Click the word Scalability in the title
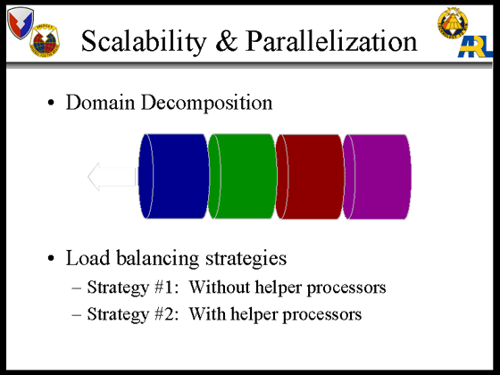[144, 41]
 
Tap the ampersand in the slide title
[227, 40]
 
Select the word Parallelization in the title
[331, 40]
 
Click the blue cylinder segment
[174, 177]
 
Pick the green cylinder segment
[242, 177]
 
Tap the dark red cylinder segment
[310, 177]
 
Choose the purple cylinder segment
[377, 177]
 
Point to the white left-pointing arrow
[112, 177]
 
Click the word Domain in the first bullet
[100, 103]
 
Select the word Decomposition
[206, 104]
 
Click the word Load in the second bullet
[87, 258]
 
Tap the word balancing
[157, 259]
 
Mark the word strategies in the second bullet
[246, 259]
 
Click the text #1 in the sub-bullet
[166, 287]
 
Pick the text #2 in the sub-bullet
[166, 313]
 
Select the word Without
[220, 287]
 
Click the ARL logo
[476, 47]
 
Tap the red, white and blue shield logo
[21, 23]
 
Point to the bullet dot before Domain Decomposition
[51, 103]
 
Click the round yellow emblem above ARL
[453, 23]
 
